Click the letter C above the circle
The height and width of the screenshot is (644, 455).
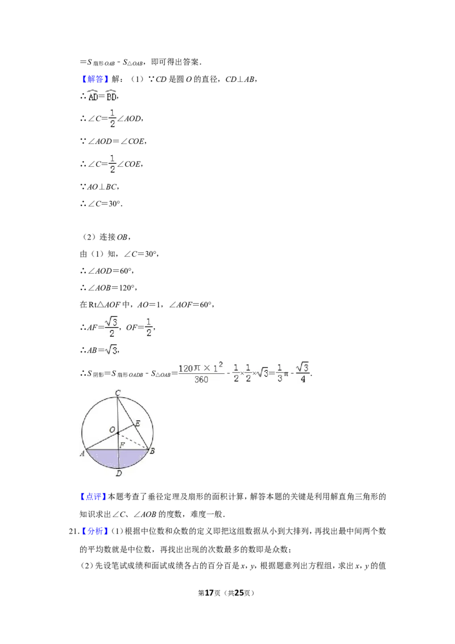pos(118,393)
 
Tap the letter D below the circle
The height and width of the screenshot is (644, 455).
pos(118,473)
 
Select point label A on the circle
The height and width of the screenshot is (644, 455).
pos(82,453)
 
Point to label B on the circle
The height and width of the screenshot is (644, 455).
pos(152,451)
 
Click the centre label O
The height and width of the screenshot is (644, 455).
pos(112,429)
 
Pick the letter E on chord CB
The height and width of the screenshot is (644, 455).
pos(137,423)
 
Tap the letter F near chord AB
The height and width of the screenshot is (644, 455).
pos(122,444)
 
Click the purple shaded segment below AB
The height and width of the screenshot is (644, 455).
pos(118,459)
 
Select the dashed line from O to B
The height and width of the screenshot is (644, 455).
pos(133,441)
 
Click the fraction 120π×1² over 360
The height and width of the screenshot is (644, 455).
pos(202,373)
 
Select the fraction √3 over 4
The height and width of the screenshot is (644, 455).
pos(304,373)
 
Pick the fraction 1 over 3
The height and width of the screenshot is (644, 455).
pos(279,373)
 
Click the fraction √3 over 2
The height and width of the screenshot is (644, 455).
pos(111,327)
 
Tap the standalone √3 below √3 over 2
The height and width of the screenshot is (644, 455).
pos(111,351)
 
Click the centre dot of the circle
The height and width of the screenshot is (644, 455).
pos(118,434)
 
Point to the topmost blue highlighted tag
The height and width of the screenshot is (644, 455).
pos(95,79)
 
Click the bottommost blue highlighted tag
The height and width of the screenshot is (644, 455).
pos(95,531)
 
